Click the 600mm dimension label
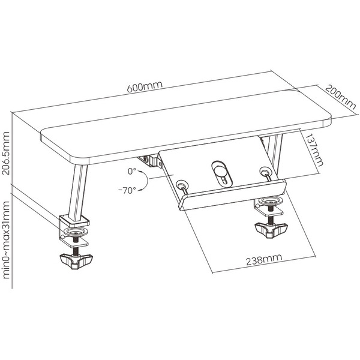145,86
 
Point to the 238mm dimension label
264,259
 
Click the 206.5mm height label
5,153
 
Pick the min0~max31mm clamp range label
6,240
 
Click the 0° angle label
132,171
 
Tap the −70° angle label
127,190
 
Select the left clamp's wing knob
76,261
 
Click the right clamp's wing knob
271,230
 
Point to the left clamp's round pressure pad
76,232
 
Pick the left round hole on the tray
182,184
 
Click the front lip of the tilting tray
232,194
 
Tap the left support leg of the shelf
77,191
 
